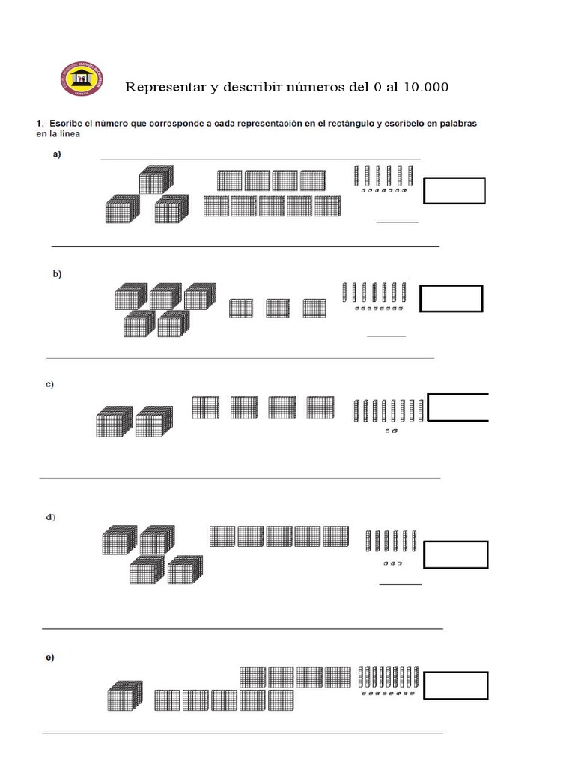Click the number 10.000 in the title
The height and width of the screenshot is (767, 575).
(x=425, y=87)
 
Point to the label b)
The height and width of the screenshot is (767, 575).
(x=57, y=274)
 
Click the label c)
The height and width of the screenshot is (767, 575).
(x=50, y=384)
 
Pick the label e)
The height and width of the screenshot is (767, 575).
(x=49, y=658)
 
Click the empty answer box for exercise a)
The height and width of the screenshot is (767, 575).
(x=454, y=190)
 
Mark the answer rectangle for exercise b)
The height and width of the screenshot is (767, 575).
(x=451, y=298)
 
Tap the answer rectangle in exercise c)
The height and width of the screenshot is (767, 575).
(x=458, y=407)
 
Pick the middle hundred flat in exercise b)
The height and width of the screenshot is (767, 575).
(x=278, y=308)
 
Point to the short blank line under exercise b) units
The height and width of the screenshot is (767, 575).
(x=386, y=336)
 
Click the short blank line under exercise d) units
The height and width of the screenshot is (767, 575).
(x=401, y=584)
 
